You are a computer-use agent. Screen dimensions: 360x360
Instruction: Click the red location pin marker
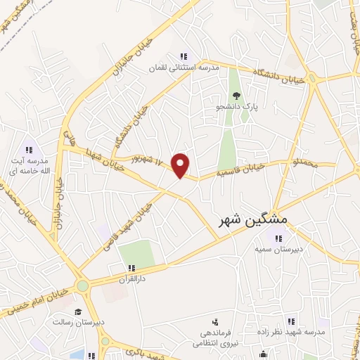click(x=181, y=165)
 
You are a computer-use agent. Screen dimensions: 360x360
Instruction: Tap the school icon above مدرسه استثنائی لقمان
click(x=184, y=56)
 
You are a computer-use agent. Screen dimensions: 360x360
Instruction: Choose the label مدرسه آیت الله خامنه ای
click(x=30, y=166)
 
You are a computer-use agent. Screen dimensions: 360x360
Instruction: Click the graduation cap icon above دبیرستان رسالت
click(x=79, y=311)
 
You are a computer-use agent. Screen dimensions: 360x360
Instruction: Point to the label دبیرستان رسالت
click(x=78, y=322)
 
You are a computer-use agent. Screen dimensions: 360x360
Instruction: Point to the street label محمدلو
click(x=306, y=162)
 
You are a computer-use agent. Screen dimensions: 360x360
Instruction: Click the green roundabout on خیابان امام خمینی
click(x=83, y=285)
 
